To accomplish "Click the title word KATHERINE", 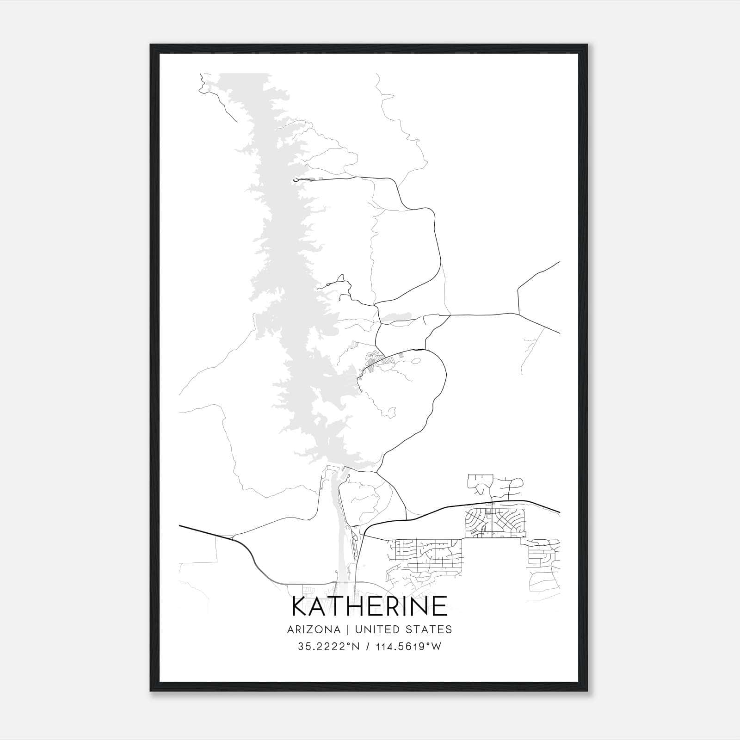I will (x=370, y=606).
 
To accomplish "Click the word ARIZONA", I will (x=313, y=629).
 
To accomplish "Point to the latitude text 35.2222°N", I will (x=328, y=647).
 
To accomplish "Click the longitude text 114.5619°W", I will (x=409, y=647).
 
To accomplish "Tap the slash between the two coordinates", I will (x=368, y=647).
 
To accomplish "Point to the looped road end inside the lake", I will (x=295, y=180).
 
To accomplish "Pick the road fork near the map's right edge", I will (x=519, y=314).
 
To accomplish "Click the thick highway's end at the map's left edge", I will (x=180, y=526).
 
